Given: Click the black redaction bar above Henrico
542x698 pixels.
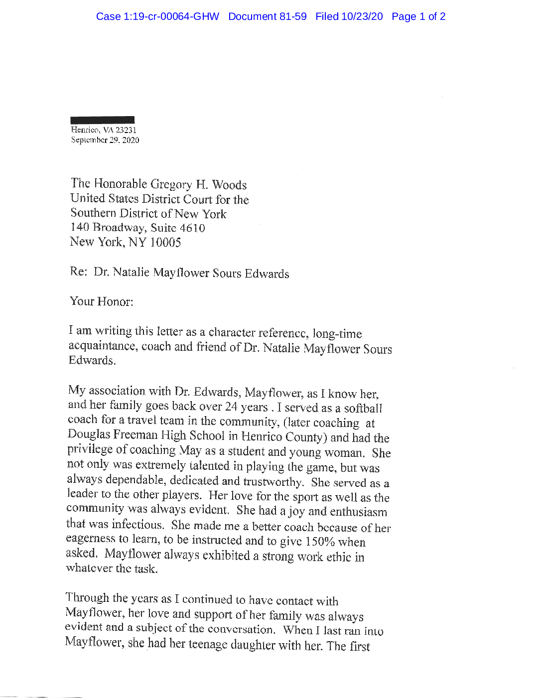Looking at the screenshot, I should pos(103,120).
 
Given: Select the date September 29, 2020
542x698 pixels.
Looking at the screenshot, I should pos(105,140).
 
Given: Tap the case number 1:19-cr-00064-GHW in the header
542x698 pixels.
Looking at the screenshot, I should pos(157,16).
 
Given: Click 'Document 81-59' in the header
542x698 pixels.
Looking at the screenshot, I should pos(268,16).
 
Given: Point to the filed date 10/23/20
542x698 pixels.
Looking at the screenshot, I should pos(362,16).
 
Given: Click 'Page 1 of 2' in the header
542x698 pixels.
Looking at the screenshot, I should pos(418,16).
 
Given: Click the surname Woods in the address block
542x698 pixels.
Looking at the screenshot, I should pos(229,185).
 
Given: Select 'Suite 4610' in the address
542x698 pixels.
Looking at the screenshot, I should pos(178,228).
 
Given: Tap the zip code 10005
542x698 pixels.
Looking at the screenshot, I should pos(165,243).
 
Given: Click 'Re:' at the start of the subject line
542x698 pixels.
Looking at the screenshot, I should pos(79,272).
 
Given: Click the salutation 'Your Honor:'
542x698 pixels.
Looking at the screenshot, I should pos(102,301).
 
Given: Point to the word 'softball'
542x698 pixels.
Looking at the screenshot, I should pos(363,409).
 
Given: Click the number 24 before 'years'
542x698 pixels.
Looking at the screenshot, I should pos(231,407).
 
